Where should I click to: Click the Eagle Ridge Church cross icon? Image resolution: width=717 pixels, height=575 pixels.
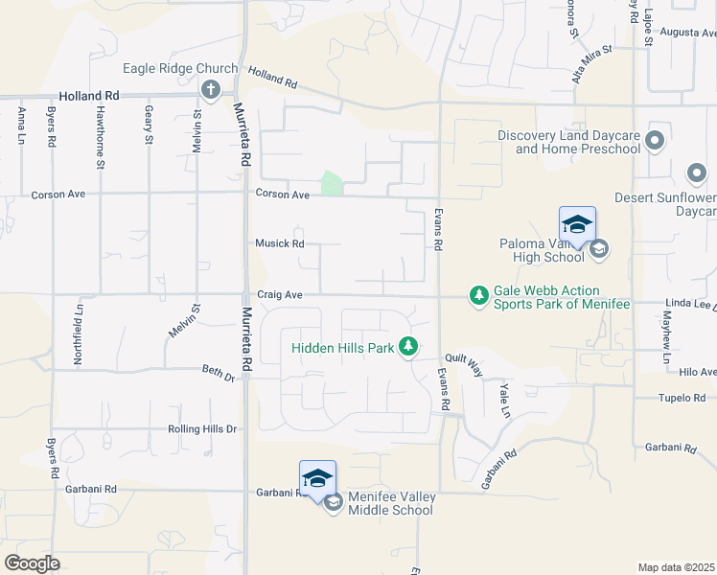(x=212, y=90)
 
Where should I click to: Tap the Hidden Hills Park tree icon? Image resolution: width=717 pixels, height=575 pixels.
(x=409, y=346)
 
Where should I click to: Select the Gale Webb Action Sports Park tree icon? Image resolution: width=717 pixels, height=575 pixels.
(x=478, y=296)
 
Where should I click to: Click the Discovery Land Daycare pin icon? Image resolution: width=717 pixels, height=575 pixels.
(x=655, y=141)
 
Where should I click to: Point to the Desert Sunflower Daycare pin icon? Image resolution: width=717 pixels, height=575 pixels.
(x=698, y=174)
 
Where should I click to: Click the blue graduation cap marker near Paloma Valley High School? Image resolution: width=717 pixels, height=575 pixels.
(x=577, y=225)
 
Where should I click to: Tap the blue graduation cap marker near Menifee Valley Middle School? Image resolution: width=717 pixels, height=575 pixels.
(x=317, y=478)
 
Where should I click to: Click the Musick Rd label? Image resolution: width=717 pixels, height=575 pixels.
(x=279, y=243)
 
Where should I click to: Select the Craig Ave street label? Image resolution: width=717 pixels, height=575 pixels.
(x=279, y=296)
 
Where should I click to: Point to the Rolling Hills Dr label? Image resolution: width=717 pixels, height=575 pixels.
(x=201, y=429)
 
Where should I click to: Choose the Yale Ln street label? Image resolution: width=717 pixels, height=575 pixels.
(x=504, y=393)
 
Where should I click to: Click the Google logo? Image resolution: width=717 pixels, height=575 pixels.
(x=33, y=563)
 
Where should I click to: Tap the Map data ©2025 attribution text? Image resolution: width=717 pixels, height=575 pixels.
(x=675, y=567)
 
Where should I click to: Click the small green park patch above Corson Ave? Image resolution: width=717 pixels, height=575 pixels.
(x=332, y=183)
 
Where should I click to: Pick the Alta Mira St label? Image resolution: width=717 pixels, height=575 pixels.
(x=590, y=63)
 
